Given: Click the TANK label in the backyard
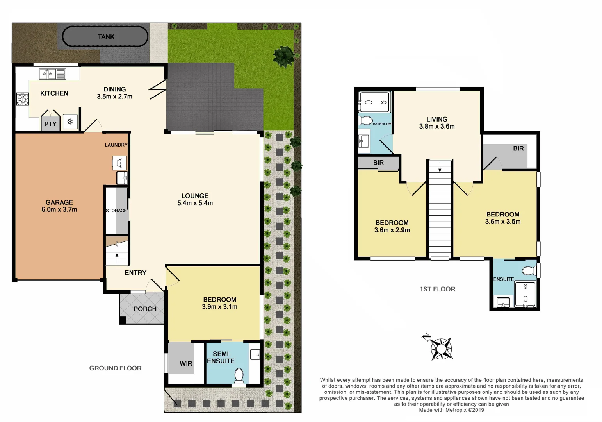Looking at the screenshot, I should tap(106, 37).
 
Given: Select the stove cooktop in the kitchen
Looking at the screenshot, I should tap(23, 99).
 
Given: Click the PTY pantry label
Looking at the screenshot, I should tap(50, 124).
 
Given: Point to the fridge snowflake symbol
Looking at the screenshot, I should tap(70, 122).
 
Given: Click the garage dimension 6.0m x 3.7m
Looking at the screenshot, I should tap(59, 209).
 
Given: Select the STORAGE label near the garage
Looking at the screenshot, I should tap(116, 211).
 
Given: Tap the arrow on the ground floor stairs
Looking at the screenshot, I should tap(117, 257).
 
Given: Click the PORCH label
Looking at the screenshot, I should tap(145, 309).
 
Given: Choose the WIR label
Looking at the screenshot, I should tap(186, 363).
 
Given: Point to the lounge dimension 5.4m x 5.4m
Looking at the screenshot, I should tap(195, 203).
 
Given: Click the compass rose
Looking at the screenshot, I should tap(442, 348).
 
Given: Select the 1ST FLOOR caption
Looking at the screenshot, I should tap(437, 289).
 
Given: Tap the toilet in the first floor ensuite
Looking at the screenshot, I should tap(529, 271).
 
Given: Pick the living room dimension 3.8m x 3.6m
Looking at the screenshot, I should tap(437, 126).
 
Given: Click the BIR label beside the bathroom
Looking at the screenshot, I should tap(378, 163).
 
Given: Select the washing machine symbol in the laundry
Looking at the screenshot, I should tap(119, 162).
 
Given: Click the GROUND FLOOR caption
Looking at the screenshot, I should tap(115, 368).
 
